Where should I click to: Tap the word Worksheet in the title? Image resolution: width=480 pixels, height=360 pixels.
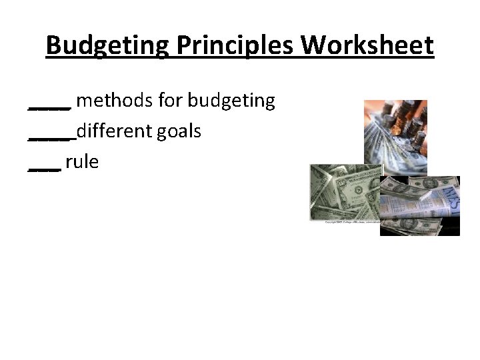pyautogui.click(x=367, y=46)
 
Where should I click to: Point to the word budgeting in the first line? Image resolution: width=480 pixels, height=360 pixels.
pyautogui.click(x=231, y=101)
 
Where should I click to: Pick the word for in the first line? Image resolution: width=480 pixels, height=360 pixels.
pyautogui.click(x=172, y=101)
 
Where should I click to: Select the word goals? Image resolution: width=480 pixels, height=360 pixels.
pyautogui.click(x=179, y=131)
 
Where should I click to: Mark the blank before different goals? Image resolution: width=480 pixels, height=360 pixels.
pyautogui.click(x=52, y=136)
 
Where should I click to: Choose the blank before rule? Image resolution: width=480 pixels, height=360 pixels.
pyautogui.click(x=45, y=167)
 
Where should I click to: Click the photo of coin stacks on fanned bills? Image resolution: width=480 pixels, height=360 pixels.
pyautogui.click(x=395, y=137)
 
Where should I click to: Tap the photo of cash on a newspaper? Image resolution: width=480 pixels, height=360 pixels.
pyautogui.click(x=420, y=206)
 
